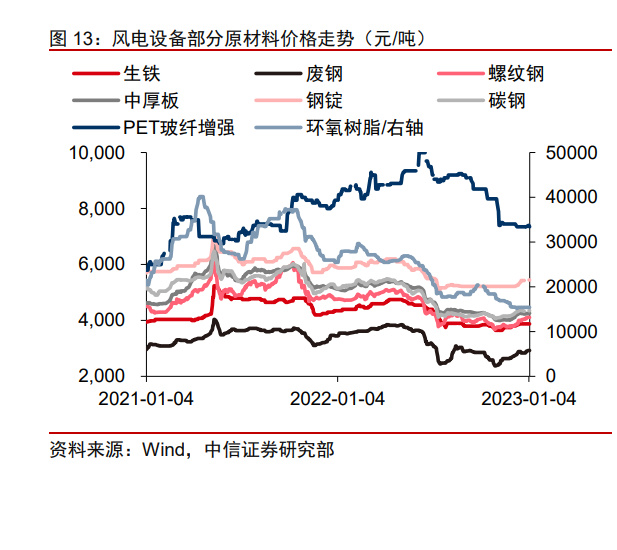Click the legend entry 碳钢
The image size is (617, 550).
pyautogui.click(x=506, y=101)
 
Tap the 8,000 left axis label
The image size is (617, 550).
pyautogui.click(x=104, y=209)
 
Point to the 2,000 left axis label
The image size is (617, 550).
pyautogui.click(x=104, y=376)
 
